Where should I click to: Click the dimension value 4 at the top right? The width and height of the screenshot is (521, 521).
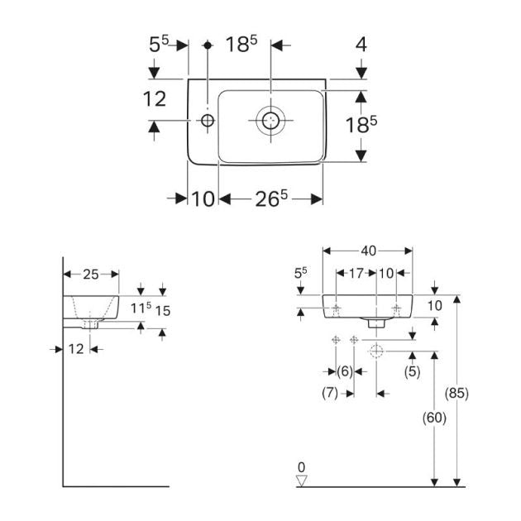pyautogui.click(x=361, y=45)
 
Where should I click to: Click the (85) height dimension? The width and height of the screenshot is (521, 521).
pyautogui.click(x=456, y=393)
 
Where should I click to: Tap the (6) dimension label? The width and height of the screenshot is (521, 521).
pyautogui.click(x=345, y=371)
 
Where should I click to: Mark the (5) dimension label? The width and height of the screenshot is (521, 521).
pyautogui.click(x=411, y=371)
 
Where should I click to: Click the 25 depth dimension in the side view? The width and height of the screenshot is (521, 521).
pyautogui.click(x=91, y=274)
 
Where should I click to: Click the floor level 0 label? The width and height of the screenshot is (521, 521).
pyautogui.click(x=302, y=467)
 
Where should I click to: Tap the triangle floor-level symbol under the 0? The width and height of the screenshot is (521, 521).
pyautogui.click(x=302, y=480)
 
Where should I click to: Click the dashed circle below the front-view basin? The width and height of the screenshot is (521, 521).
pyautogui.click(x=376, y=351)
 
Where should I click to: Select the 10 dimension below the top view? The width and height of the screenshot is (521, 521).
pyautogui.click(x=203, y=198)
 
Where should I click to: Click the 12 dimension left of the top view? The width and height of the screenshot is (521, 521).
pyautogui.click(x=155, y=99)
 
